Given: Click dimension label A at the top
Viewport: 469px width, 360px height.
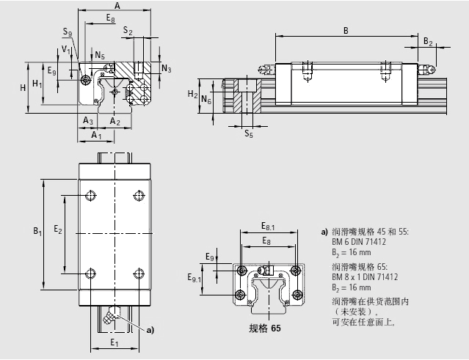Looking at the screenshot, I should pyautogui.click(x=117, y=5).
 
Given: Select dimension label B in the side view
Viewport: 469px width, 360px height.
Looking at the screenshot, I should pyautogui.click(x=345, y=29).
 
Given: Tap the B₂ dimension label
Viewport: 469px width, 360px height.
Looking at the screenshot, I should pyautogui.click(x=429, y=42).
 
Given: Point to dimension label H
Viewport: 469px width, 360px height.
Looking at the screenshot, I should pyautogui.click(x=23, y=87).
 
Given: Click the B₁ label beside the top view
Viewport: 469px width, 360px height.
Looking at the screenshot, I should pyautogui.click(x=37, y=232).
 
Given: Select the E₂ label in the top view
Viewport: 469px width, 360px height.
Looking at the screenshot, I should pyautogui.click(x=58, y=230).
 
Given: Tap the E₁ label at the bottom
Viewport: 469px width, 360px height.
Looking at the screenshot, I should pyautogui.click(x=114, y=342).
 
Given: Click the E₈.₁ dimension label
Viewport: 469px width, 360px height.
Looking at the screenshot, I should pyautogui.click(x=268, y=228).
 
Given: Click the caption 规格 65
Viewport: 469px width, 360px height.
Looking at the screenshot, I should pyautogui.click(x=265, y=328).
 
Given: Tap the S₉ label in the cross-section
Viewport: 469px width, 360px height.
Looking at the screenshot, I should pyautogui.click(x=68, y=33).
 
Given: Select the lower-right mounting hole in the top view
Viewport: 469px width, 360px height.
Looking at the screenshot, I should pyautogui.click(x=139, y=273).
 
